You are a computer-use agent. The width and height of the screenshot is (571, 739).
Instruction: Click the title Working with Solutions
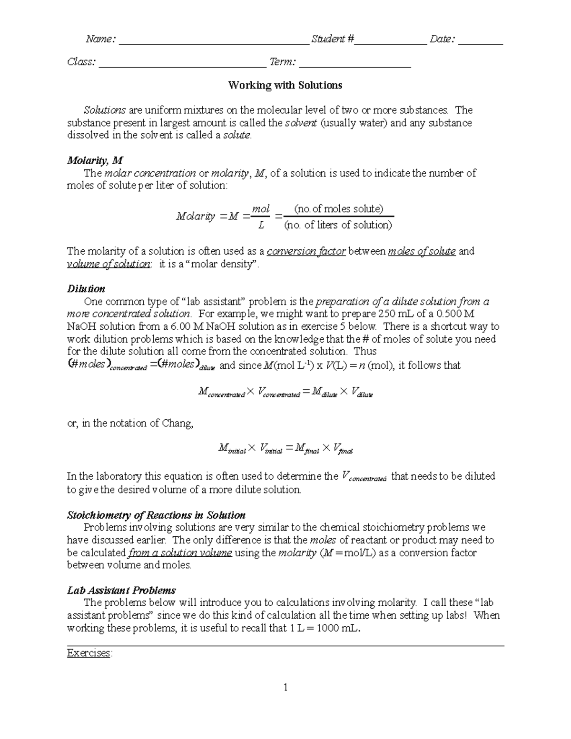coord(285,86)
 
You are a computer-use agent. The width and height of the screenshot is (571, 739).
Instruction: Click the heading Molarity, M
coord(95,160)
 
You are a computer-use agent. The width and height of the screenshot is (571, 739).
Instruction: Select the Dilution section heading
coord(86,289)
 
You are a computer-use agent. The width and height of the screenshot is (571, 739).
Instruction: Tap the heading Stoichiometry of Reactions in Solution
coord(156,515)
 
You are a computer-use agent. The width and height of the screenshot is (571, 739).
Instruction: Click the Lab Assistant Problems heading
coord(121,591)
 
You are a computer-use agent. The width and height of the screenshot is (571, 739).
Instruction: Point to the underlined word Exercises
coord(89,653)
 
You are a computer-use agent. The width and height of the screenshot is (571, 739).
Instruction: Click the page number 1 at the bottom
coord(285,687)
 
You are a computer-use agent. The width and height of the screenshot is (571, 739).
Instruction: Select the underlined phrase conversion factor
coord(306,251)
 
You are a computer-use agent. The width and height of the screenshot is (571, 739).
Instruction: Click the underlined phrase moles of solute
coord(422,251)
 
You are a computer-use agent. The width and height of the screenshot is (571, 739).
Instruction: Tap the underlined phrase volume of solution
coord(108,264)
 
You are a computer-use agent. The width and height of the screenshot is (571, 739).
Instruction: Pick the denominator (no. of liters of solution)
coord(338,225)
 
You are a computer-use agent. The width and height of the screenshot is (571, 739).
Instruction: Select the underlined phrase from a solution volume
coord(180,553)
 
